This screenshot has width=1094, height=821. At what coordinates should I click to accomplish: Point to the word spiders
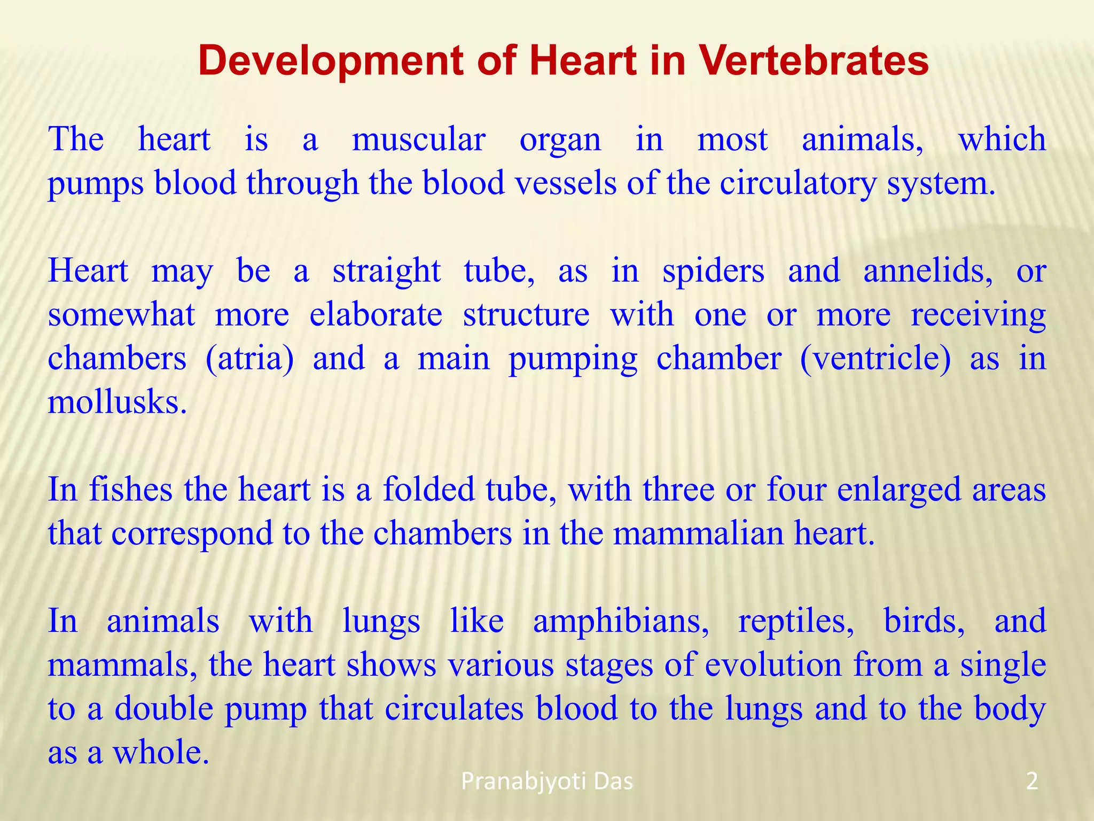[713, 272]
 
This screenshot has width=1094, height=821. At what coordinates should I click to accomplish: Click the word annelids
[928, 272]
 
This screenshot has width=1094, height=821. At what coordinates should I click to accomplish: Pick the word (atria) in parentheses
[249, 359]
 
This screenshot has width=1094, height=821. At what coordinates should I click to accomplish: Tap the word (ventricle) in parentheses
[876, 359]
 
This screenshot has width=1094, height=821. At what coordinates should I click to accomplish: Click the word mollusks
[118, 402]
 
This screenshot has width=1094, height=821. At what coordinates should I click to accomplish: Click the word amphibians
[621, 622]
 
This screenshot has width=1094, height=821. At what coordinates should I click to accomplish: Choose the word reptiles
[796, 622]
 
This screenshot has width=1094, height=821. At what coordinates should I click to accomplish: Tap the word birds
[924, 622]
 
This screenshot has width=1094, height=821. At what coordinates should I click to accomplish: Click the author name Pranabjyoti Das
[546, 782]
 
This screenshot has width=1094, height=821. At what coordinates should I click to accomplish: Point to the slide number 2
[1032, 782]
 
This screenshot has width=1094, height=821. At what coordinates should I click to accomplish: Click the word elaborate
[376, 315]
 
